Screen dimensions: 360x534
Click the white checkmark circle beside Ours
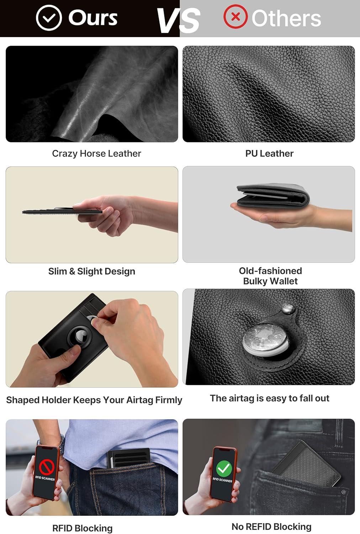49,18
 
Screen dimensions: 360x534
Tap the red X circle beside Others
235,16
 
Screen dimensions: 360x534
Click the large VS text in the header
179,21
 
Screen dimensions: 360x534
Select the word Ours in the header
93,18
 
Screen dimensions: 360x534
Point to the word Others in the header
286,19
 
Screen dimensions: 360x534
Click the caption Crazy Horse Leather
96,153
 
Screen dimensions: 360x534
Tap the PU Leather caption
269,153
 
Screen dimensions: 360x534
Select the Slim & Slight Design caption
92,271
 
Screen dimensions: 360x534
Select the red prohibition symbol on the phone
47,467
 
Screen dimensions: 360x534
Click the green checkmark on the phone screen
224,468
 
